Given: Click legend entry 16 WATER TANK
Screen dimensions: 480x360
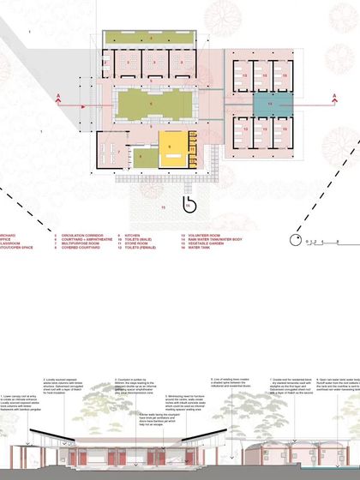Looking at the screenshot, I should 197,248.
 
